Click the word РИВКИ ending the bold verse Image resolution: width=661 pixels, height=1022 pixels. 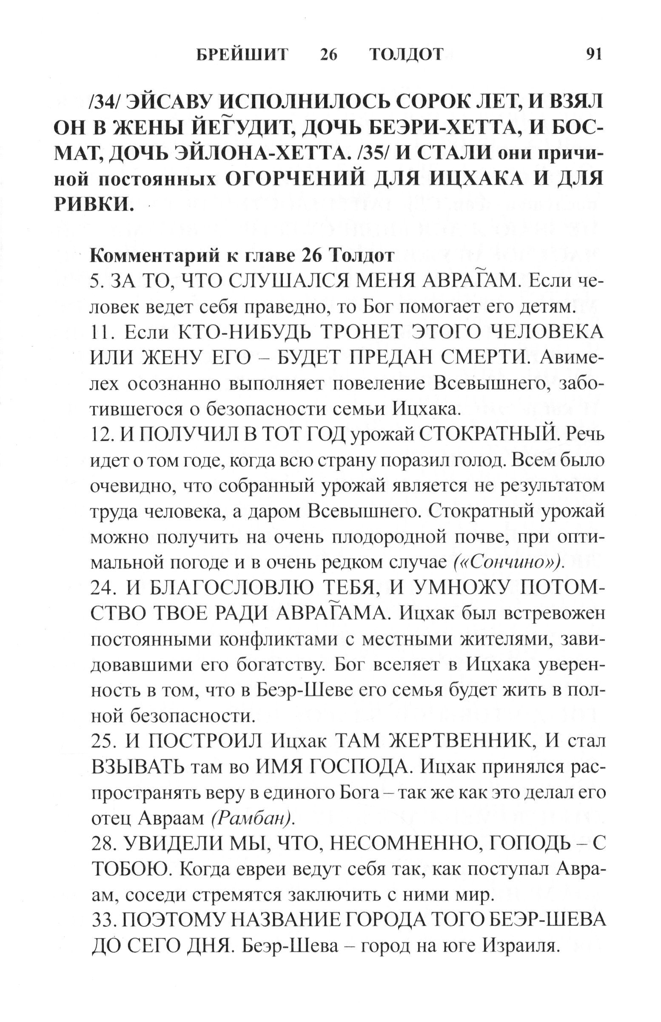pyautogui.click(x=92, y=204)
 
